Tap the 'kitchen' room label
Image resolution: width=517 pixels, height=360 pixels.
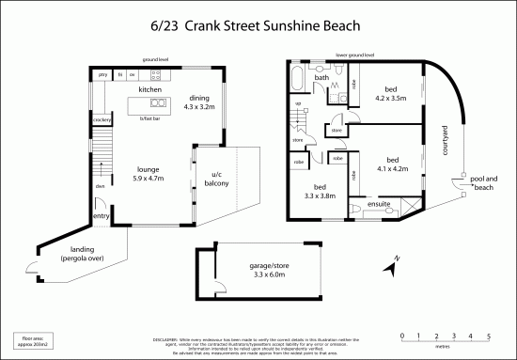click(x=150, y=89)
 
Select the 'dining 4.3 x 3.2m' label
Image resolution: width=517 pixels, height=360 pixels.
click(x=199, y=102)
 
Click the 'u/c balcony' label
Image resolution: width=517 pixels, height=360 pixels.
click(x=215, y=180)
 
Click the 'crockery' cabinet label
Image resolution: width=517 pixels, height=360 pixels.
click(x=102, y=120)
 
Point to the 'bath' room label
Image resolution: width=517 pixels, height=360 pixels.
click(x=321, y=77)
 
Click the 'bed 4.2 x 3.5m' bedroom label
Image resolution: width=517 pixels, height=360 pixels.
click(x=387, y=92)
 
